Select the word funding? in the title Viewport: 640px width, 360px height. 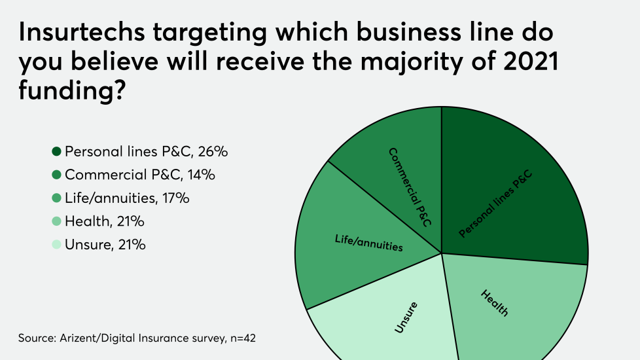[x=72, y=91]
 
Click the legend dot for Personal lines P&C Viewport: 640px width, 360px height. [x=56, y=152]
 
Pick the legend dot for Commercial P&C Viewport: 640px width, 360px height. [x=56, y=175]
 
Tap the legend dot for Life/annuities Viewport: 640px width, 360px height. [x=56, y=198]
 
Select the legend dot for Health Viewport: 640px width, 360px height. [x=56, y=222]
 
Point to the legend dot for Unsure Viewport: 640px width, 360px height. [x=56, y=245]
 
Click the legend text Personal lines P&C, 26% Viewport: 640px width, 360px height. [x=146, y=152]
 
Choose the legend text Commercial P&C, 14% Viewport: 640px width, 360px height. [x=140, y=175]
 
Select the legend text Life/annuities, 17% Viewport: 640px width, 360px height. [x=127, y=198]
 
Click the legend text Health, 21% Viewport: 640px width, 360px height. [x=104, y=222]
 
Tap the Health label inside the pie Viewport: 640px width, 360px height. [x=495, y=303]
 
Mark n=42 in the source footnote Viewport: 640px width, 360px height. [x=249, y=338]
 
